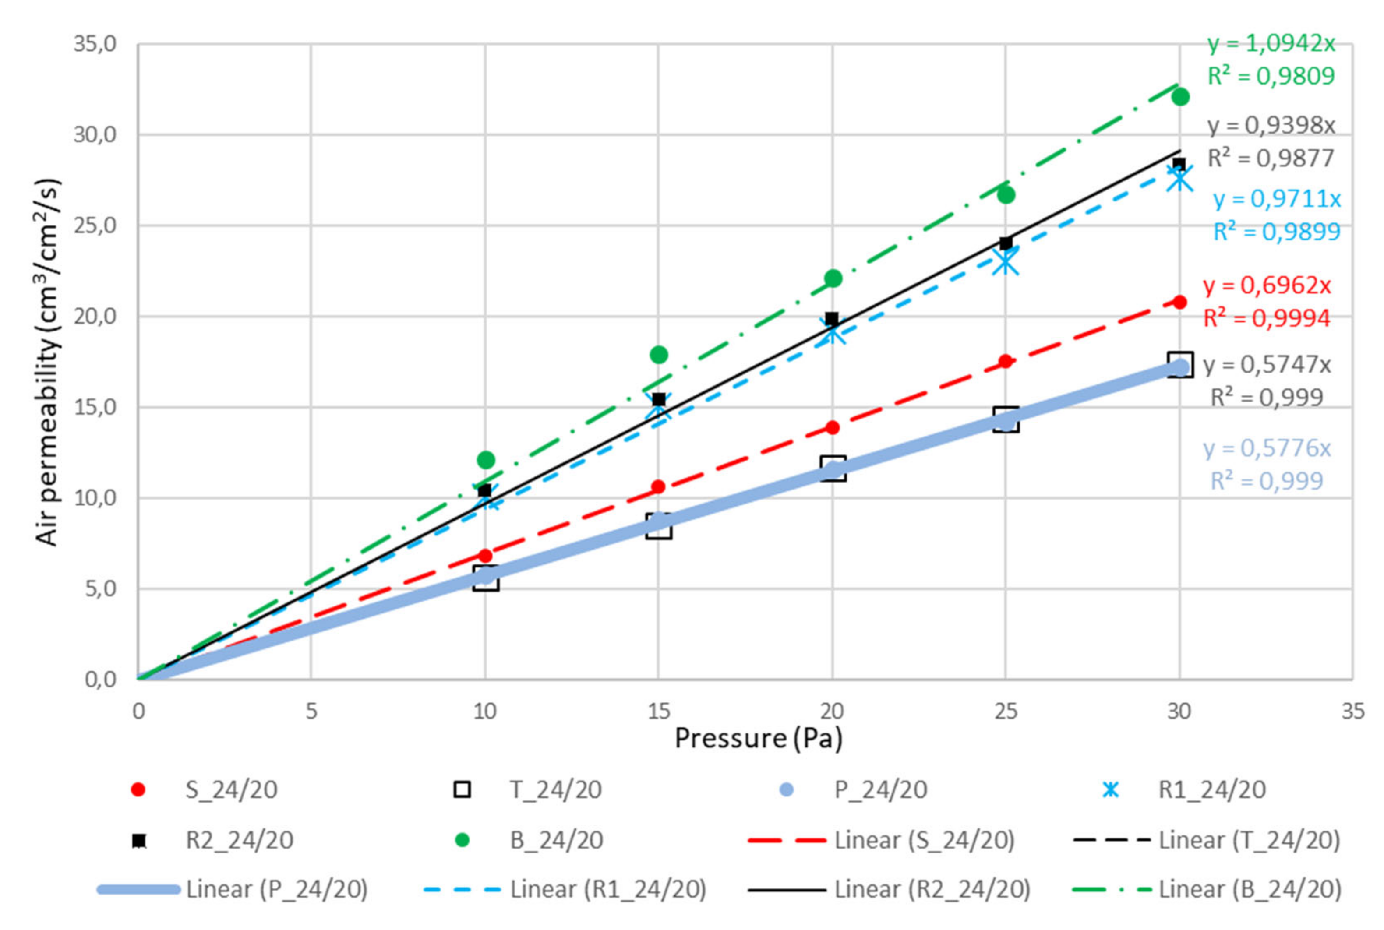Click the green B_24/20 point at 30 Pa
coord(1180,97)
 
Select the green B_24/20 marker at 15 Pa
coord(658,355)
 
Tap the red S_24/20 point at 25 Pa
coord(1006,361)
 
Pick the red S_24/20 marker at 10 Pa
coord(485,556)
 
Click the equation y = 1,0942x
coord(1271,43)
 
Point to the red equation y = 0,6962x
coord(1267,285)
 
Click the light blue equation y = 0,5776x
coord(1267,448)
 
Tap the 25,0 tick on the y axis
coord(95,226)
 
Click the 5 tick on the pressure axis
coord(311,711)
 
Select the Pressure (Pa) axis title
coord(758,738)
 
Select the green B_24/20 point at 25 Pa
coord(1006,194)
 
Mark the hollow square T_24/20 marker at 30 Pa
coord(1180,365)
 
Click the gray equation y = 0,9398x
coord(1271,126)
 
